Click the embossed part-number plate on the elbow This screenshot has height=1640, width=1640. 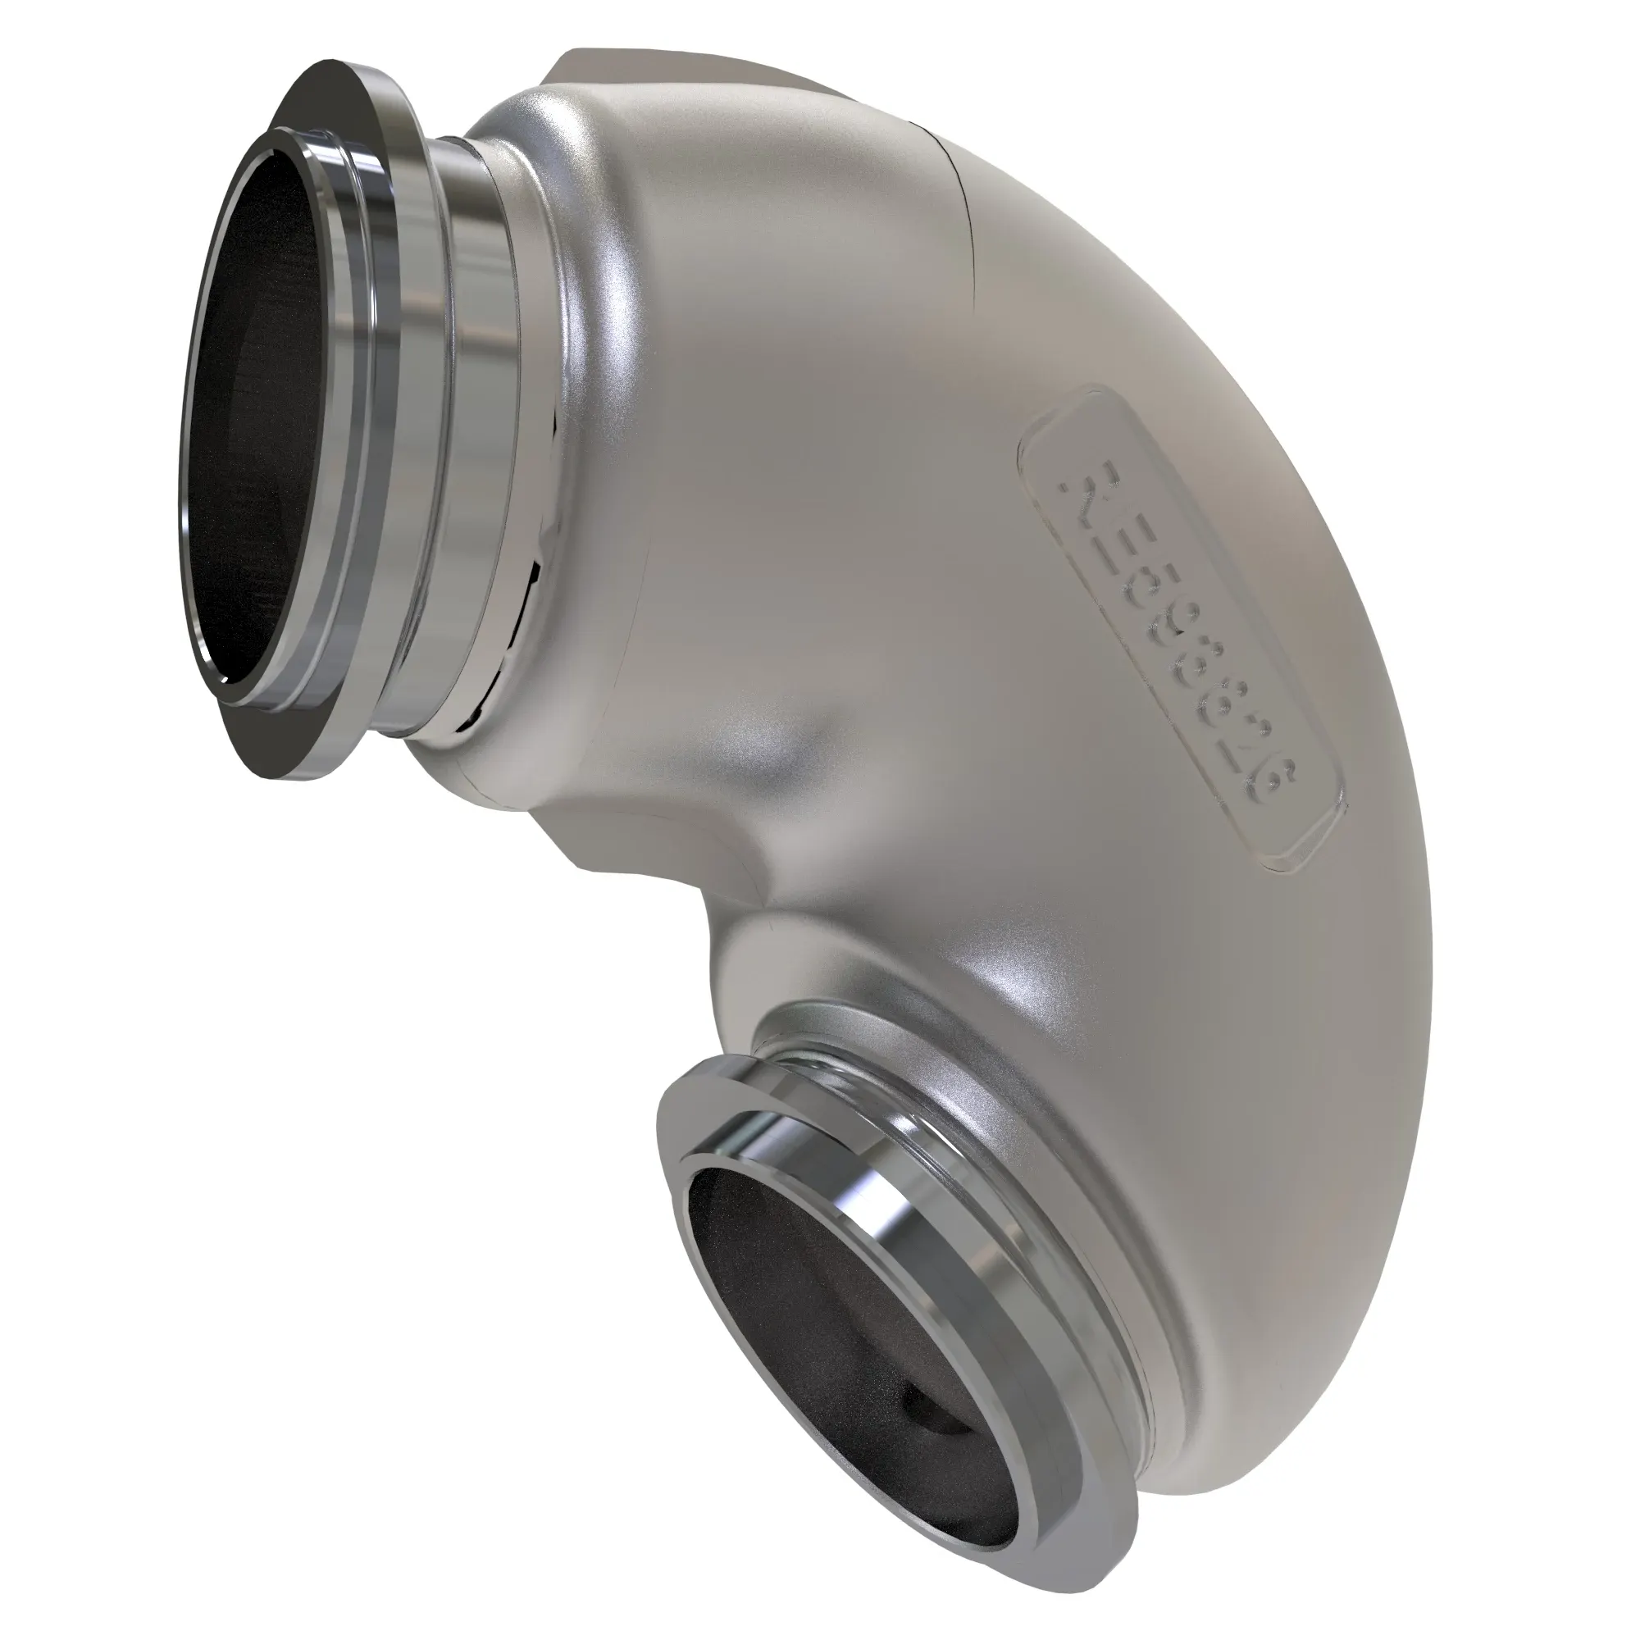tap(1184, 628)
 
